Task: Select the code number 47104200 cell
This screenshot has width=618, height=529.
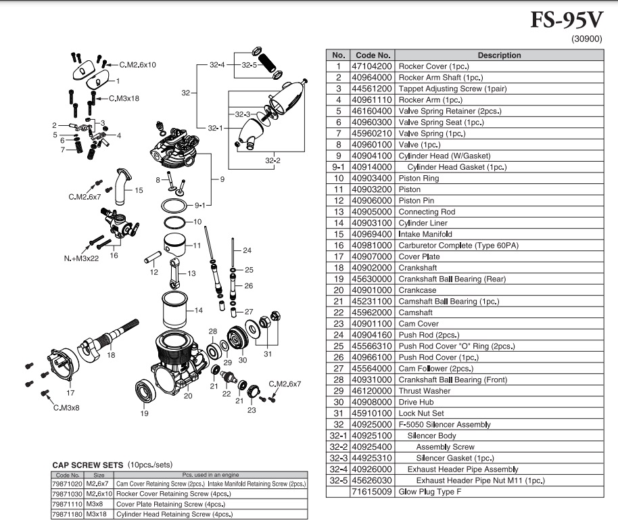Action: click(x=371, y=66)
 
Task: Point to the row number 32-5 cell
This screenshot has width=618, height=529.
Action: click(x=337, y=480)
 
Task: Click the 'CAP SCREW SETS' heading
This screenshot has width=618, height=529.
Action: click(x=87, y=465)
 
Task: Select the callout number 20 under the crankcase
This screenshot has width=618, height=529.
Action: click(x=188, y=396)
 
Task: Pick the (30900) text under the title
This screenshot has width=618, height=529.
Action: click(x=586, y=39)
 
